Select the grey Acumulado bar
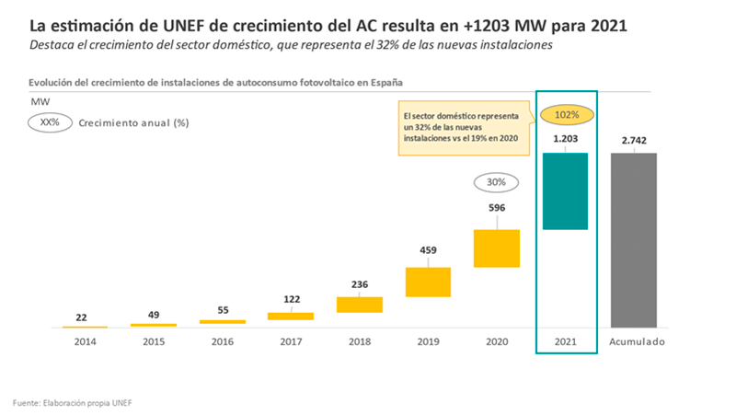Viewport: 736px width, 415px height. pos(633,239)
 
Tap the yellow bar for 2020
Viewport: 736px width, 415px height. pos(497,248)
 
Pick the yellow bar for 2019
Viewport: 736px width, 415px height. pos(428,282)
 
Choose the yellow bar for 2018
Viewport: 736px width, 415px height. pos(359,305)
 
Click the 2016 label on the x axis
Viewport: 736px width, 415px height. pos(222,342)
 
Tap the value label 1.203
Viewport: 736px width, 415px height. pos(566,140)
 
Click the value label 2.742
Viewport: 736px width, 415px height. pos(633,140)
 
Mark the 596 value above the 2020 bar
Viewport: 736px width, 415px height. pos(497,208)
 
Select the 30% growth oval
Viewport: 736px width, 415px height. pos(497,182)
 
